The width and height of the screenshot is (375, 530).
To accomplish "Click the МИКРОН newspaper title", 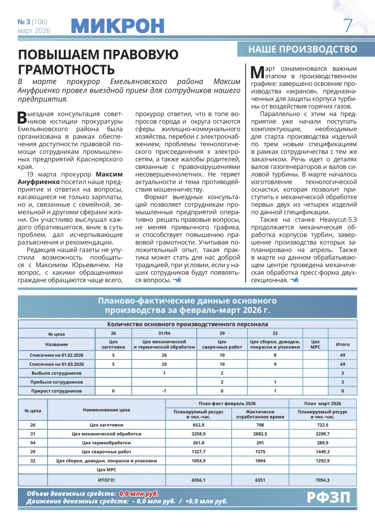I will click(x=119, y=25).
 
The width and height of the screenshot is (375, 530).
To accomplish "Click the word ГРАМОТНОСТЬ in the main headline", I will click(x=66, y=70).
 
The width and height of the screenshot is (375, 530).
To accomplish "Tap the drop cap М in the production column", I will click(x=258, y=71).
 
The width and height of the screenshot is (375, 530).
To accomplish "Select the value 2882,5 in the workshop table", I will click(x=260, y=434).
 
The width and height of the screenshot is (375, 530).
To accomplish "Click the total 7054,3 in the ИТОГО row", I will click(x=322, y=480).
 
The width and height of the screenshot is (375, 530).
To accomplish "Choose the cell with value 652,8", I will click(x=199, y=425).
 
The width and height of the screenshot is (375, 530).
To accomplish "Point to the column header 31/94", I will click(x=164, y=333).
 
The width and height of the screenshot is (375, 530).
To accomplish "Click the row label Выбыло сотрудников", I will click(x=56, y=373).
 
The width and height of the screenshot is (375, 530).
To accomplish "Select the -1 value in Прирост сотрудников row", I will click(x=164, y=391).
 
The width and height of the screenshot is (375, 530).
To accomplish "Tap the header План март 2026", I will click(x=322, y=403).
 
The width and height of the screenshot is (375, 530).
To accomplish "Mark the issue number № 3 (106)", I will click(x=33, y=22).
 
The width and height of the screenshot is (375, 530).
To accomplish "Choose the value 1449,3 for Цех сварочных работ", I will click(x=322, y=452).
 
